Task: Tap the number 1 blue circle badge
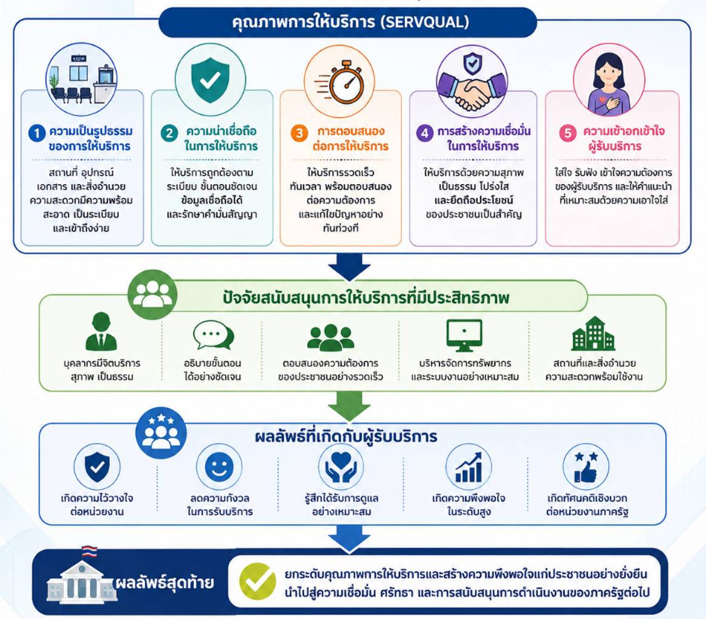tap(37, 133)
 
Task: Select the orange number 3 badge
tap(299, 133)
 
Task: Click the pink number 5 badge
tap(568, 133)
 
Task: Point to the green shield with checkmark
tap(210, 80)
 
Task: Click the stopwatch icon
tap(341, 81)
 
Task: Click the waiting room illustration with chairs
tap(81, 80)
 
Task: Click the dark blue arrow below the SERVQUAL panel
tap(349, 267)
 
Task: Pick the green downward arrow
tap(349, 405)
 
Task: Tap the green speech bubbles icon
tap(213, 335)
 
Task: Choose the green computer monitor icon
tap(464, 335)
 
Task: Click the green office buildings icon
tap(594, 333)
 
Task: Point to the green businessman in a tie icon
tap(101, 332)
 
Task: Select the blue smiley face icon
tap(219, 467)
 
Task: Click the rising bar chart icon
tap(468, 468)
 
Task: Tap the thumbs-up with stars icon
tap(586, 467)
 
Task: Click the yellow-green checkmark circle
tap(257, 581)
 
